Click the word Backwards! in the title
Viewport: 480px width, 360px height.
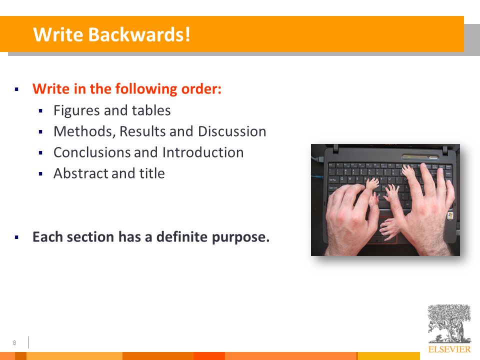coord(139,34)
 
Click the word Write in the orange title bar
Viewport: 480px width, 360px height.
coord(58,34)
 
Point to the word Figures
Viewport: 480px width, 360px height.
coord(76,110)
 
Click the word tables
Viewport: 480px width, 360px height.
coord(151,110)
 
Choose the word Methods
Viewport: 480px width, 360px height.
coord(84,131)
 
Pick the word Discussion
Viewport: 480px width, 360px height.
coord(232,131)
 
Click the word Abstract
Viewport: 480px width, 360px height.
coord(80,173)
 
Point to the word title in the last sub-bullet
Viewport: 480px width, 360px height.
coord(152,173)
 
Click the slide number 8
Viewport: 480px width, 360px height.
coord(14,343)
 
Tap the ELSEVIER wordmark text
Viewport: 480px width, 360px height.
coord(449,349)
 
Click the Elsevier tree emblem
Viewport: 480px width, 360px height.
coord(449,323)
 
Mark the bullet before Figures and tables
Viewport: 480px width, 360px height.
coord(40,111)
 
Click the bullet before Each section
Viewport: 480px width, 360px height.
coord(16,237)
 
